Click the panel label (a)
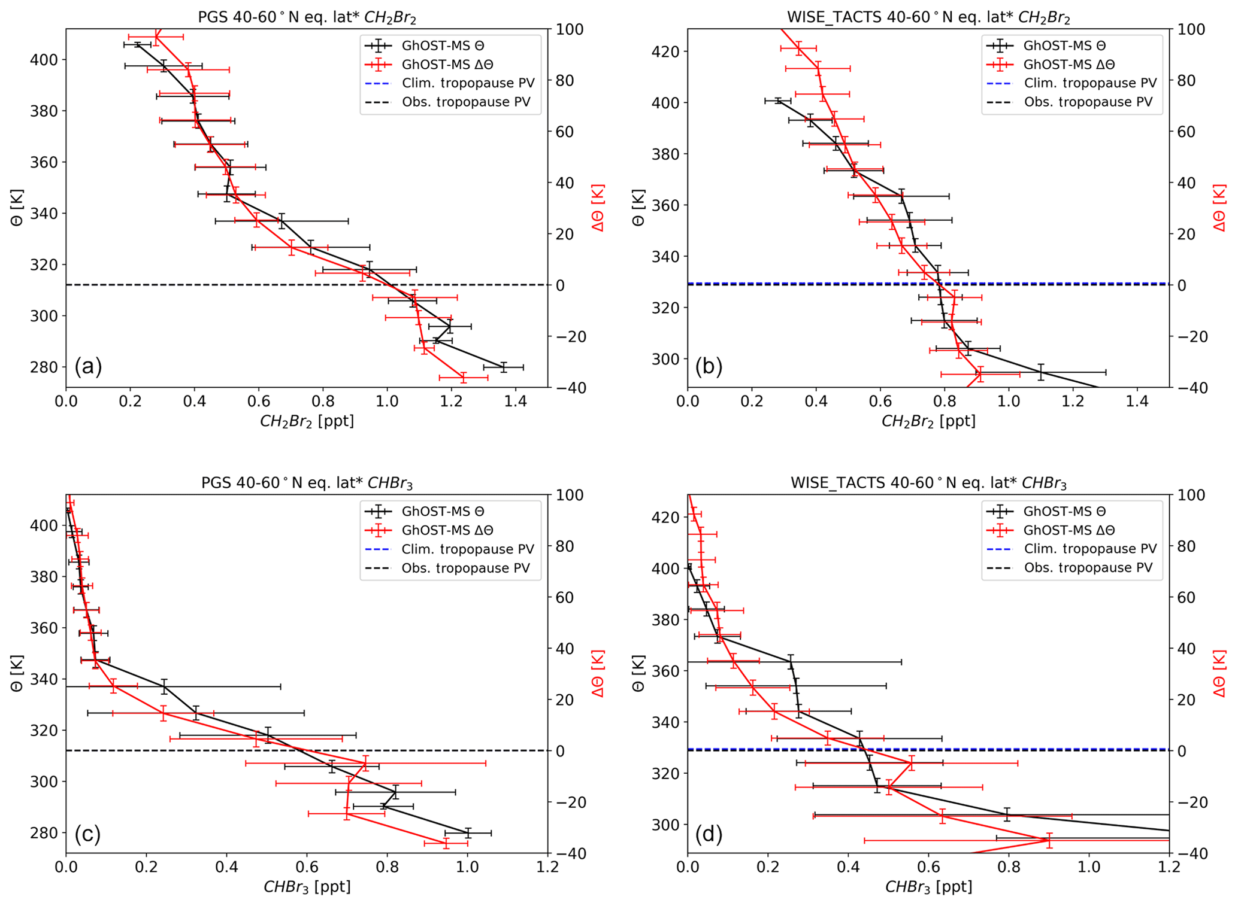tap(88, 366)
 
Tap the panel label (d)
tap(709, 833)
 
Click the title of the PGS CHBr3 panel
tap(307, 483)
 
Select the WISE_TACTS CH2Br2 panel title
tap(928, 17)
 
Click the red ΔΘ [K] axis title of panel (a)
tap(598, 208)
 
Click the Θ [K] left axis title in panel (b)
tap(638, 208)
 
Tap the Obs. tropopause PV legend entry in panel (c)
tap(466, 568)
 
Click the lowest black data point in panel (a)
tap(504, 367)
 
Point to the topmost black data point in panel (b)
tap(779, 101)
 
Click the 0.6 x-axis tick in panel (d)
tap(928, 867)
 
